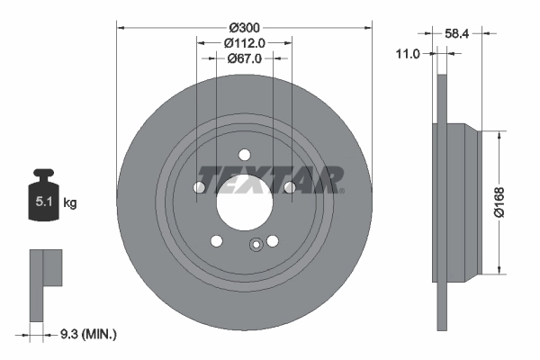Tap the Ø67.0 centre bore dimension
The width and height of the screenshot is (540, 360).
pyautogui.click(x=244, y=58)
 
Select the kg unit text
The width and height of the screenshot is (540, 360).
pyautogui.click(x=70, y=204)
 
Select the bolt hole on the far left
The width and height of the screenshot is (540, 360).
pyautogui.click(x=200, y=187)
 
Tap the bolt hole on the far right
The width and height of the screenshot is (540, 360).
pyautogui.click(x=289, y=187)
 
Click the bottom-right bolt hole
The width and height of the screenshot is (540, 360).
pyautogui.click(x=272, y=239)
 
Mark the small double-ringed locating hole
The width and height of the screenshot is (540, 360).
pyautogui.click(x=256, y=242)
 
